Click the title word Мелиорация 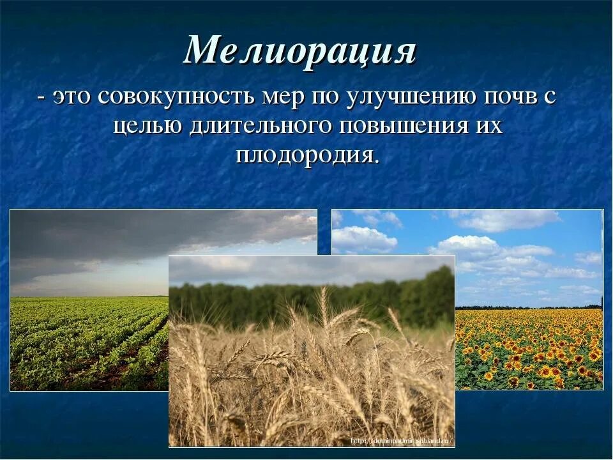[299, 50]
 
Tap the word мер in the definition [284, 98]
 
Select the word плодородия [306, 155]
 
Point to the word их [488, 126]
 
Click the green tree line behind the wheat [306, 300]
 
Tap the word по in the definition [325, 98]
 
